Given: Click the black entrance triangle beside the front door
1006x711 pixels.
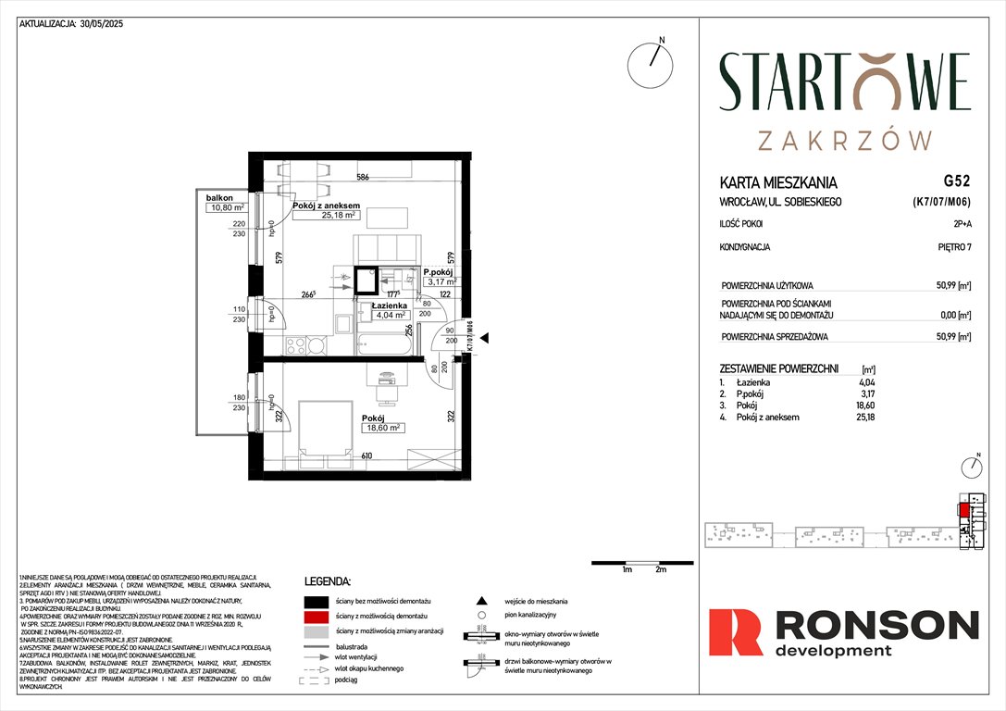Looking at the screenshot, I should pos(483,339).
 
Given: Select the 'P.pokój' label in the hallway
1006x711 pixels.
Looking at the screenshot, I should pos(440,271).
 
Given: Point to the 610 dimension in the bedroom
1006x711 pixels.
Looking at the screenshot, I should pos(368,456).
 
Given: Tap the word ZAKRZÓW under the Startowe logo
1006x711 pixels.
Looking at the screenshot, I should pos(845,140).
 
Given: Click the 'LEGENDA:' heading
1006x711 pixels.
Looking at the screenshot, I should pos(328,582).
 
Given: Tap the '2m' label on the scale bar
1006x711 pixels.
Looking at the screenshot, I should pos(660,570).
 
